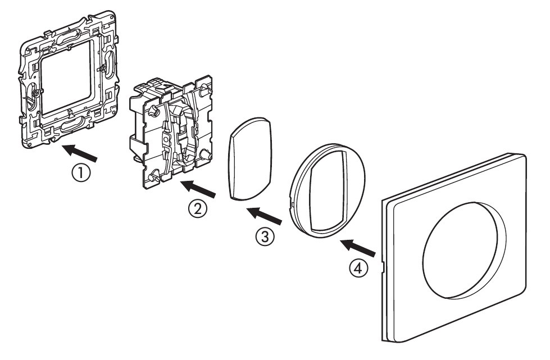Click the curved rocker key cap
(x=249, y=160)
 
